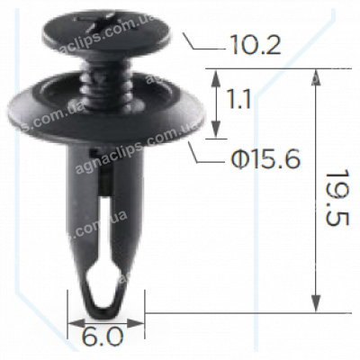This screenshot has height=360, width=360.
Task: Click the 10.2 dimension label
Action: tap(256, 45)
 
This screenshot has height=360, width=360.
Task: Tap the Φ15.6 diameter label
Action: tap(265, 159)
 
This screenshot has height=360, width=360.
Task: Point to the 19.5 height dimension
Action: tap(337, 198)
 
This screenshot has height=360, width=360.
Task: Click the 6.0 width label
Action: tap(102, 337)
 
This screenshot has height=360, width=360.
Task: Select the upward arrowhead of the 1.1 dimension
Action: tap(215, 78)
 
